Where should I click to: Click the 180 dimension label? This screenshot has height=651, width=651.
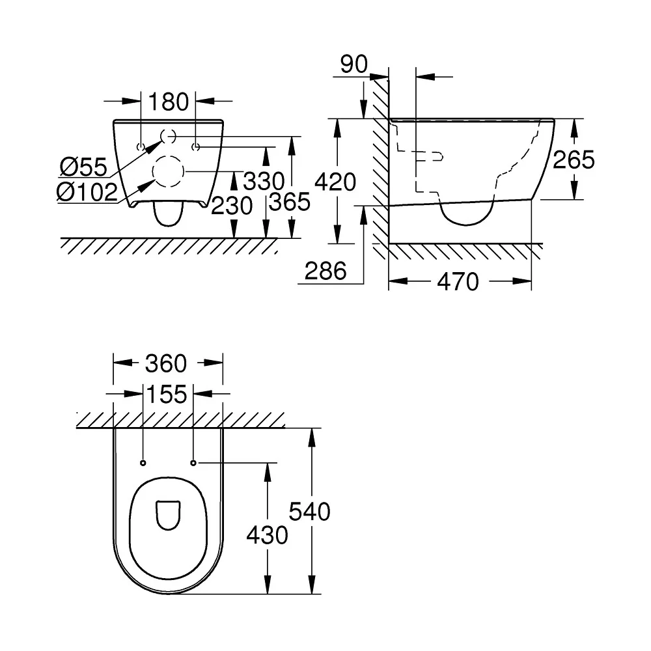pyautogui.click(x=168, y=102)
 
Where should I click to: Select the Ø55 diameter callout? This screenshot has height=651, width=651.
pyautogui.click(x=83, y=167)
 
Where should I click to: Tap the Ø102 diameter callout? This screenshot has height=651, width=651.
pyautogui.click(x=87, y=192)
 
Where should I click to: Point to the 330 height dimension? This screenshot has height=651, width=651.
pyautogui.click(x=264, y=181)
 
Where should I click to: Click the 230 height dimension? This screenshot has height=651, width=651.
pyautogui.click(x=232, y=206)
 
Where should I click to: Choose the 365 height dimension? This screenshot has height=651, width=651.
pyautogui.click(x=290, y=202)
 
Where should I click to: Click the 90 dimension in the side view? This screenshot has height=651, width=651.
pyautogui.click(x=353, y=64)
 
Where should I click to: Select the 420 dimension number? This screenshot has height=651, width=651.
pyautogui.click(x=335, y=182)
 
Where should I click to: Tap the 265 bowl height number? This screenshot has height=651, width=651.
pyautogui.click(x=574, y=159)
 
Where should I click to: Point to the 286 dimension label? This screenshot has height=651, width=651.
pyautogui.click(x=325, y=271)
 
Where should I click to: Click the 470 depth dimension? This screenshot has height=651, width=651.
pyautogui.click(x=458, y=282)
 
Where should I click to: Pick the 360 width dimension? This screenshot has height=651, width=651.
pyautogui.click(x=166, y=364)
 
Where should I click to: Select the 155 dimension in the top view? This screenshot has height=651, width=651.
pyautogui.click(x=167, y=395)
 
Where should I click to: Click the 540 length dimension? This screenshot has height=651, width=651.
pyautogui.click(x=310, y=512)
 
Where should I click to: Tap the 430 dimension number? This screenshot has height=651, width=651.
pyautogui.click(x=267, y=535)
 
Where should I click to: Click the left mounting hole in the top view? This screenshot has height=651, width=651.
pyautogui.click(x=143, y=463)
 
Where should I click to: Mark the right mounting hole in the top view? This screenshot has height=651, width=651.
pyautogui.click(x=193, y=463)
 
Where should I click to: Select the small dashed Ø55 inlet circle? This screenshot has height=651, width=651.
pyautogui.click(x=161, y=136)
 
